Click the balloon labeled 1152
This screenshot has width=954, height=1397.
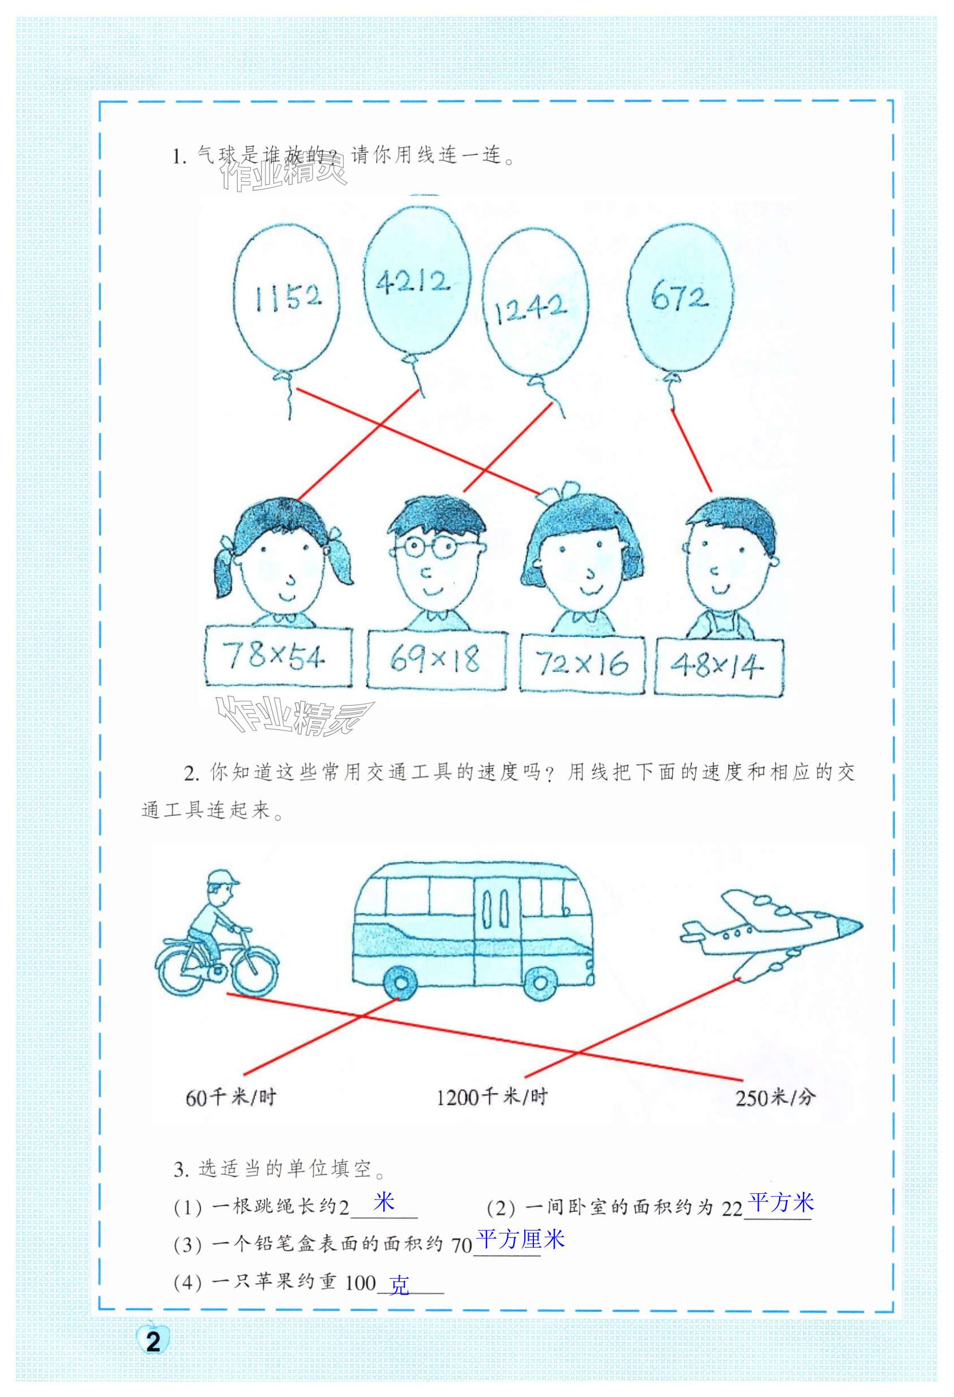[286, 297]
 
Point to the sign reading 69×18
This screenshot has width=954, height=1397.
[436, 660]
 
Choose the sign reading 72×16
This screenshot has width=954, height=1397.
[582, 663]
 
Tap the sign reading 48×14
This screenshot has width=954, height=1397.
[718, 667]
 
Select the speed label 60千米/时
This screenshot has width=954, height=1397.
[231, 1097]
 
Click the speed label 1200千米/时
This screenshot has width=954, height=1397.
[491, 1097]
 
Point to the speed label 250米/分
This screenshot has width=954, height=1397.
[775, 1097]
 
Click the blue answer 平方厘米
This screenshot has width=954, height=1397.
[520, 1239]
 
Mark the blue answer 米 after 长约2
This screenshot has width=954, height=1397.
[383, 1202]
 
